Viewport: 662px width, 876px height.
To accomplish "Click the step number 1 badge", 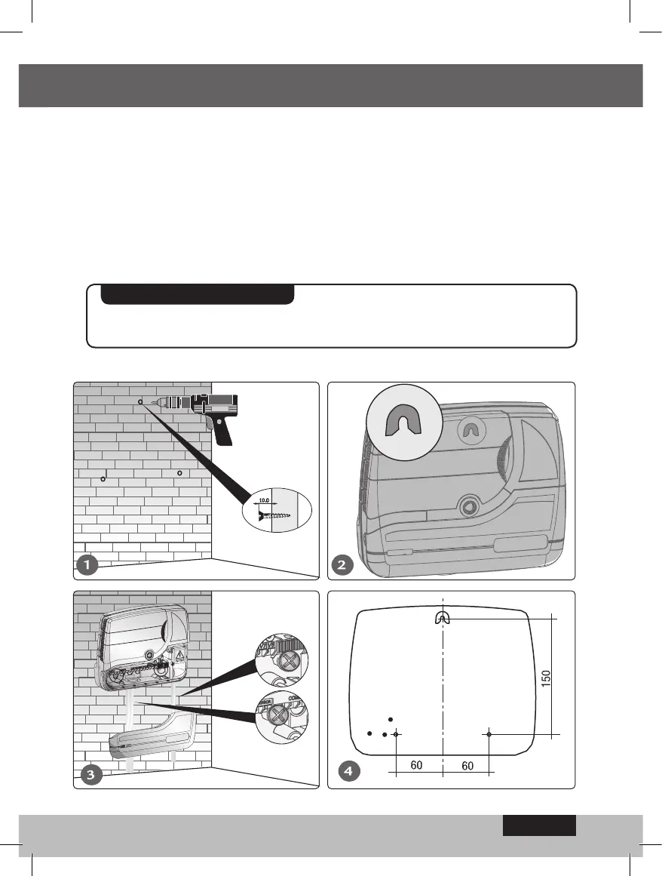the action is pyautogui.click(x=88, y=564).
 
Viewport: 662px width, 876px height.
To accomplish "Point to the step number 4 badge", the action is pyautogui.click(x=347, y=772).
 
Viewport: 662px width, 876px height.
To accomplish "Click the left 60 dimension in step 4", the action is pyautogui.click(x=416, y=765).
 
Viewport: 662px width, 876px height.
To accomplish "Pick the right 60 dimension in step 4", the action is pyautogui.click(x=467, y=765).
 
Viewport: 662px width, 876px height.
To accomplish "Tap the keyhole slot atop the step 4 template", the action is pyautogui.click(x=442, y=617).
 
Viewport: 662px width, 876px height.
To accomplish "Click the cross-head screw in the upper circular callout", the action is pyautogui.click(x=288, y=662).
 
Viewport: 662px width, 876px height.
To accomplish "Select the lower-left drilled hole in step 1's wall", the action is pyautogui.click(x=103, y=480).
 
